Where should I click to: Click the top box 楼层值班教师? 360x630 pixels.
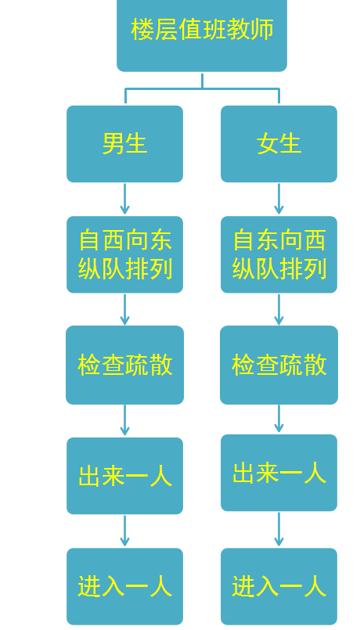coord(202,34)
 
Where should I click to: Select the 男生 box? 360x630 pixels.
coord(125,144)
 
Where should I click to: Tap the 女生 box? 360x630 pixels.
coord(279,144)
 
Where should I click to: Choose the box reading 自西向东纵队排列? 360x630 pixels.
coord(125,254)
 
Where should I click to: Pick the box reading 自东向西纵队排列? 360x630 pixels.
coord(279,254)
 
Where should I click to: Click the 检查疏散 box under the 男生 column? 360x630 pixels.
coord(125,365)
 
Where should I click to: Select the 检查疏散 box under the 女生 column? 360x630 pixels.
coord(279,365)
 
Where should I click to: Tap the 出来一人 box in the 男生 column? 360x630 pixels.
coord(125,476)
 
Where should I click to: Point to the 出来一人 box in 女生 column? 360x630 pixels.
coord(279,473)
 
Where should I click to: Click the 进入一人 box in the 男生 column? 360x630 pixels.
coord(125,586)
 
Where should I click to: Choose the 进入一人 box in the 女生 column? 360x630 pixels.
coord(279,586)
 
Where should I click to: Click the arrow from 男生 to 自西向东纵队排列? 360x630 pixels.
coord(125,199)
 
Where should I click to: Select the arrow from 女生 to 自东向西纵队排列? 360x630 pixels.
coord(279,199)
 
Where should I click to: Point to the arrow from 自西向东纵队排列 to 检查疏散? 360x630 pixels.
coord(125,309)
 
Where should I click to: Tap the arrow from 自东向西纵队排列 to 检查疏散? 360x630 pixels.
coord(279,309)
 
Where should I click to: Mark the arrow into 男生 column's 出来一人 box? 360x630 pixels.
coord(125,420)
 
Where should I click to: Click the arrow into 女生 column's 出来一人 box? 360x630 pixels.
coord(279,419)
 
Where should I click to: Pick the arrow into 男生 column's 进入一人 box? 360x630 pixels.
coord(125,531)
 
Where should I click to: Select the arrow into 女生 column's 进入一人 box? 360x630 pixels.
coord(279,529)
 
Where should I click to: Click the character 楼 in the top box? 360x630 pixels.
coord(142,29)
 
